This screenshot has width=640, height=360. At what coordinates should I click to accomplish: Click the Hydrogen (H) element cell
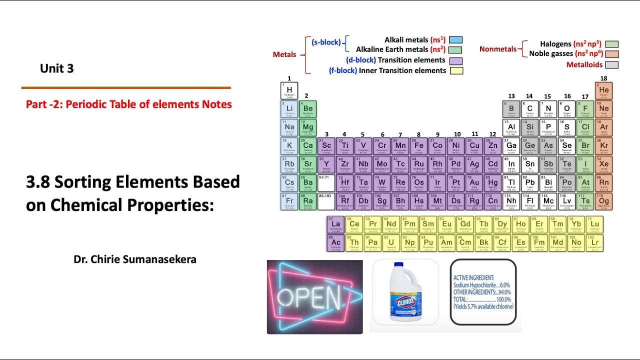pyautogui.click(x=289, y=91)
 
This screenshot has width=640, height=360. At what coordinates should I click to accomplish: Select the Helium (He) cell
pyautogui.click(x=604, y=91)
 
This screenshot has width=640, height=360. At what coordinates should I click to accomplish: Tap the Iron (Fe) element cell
pyautogui.click(x=419, y=146)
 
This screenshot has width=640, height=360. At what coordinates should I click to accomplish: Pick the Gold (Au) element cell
pyautogui.click(x=474, y=183)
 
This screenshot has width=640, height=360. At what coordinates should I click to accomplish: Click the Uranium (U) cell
pyautogui.click(x=391, y=243)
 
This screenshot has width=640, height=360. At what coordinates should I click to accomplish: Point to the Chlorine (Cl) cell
pyautogui.click(x=585, y=127)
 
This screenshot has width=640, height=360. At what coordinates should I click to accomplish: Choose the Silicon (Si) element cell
pyautogui.click(x=530, y=127)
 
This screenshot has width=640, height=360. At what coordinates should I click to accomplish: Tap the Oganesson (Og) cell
pyautogui.click(x=604, y=201)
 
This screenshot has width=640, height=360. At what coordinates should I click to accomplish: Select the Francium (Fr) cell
pyautogui.click(x=289, y=201)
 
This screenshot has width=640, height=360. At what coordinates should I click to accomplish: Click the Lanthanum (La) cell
pyautogui.click(x=335, y=224)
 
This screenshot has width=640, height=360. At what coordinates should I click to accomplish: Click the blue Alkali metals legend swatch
pyautogui.click(x=455, y=40)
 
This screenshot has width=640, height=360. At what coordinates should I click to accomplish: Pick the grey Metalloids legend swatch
pyautogui.click(x=611, y=65)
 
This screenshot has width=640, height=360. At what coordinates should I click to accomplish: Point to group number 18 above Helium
pyautogui.click(x=603, y=78)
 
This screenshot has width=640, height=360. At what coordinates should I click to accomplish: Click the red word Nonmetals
pyautogui.click(x=497, y=49)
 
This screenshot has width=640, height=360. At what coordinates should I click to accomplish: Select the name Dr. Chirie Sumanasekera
pyautogui.click(x=135, y=259)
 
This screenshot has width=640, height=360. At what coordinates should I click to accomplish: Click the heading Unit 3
pyautogui.click(x=57, y=69)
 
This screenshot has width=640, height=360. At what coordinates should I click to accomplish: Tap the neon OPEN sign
pyautogui.click(x=315, y=297)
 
